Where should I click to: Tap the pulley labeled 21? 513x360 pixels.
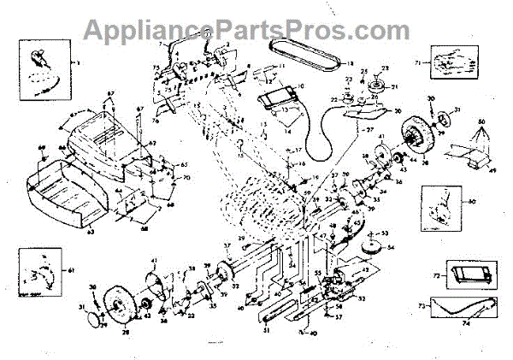377,87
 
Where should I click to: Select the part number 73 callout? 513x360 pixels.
422,306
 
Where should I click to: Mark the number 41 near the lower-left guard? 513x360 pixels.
154,260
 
